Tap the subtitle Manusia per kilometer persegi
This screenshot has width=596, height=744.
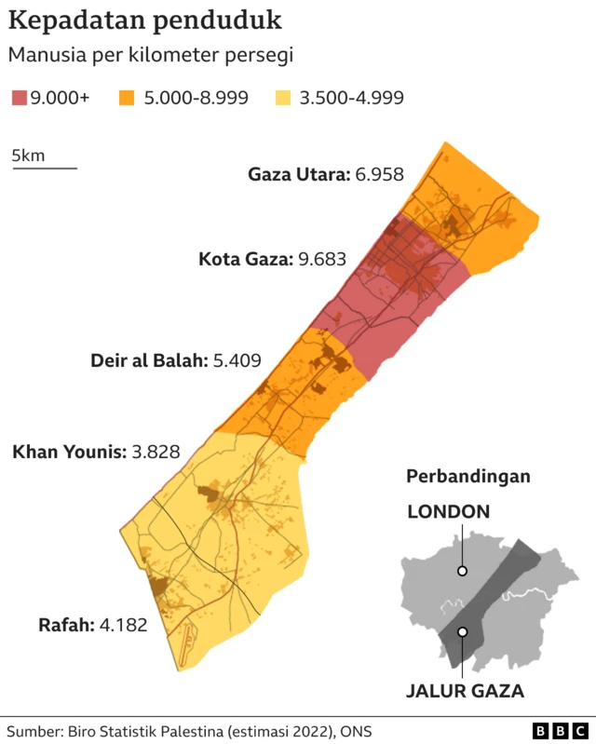(x=151, y=55)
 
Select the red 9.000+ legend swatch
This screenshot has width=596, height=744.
(x=19, y=97)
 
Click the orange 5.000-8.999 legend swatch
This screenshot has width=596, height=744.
(x=127, y=97)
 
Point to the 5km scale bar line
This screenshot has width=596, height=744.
(x=44, y=169)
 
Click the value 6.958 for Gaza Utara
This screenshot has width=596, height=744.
(x=379, y=174)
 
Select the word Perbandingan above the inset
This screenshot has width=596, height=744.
(x=468, y=477)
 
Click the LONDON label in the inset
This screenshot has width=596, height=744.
(x=448, y=511)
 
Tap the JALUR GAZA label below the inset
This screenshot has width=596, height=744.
(x=465, y=691)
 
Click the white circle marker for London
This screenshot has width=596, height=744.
(x=462, y=571)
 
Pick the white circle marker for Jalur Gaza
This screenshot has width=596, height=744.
(x=462, y=632)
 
